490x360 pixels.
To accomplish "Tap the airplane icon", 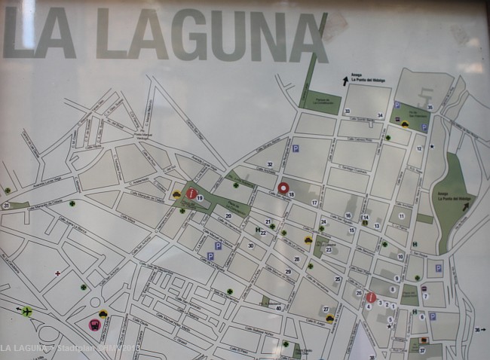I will click(28, 311).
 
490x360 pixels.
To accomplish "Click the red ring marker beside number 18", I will click(283, 188).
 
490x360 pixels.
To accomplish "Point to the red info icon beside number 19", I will click(191, 194).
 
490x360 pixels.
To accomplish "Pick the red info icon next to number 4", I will click(371, 297).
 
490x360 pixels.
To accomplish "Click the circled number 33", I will click(347, 111).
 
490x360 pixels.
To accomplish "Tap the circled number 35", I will click(430, 107).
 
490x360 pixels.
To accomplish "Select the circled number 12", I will click(420, 148).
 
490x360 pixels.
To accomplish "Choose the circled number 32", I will click(269, 164).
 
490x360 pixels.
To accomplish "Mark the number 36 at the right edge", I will click(477, 329).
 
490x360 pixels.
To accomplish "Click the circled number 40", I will click(278, 307).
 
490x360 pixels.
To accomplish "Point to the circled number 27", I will click(326, 310).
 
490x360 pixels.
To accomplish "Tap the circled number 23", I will click(328, 249).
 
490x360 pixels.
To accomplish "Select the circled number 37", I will click(422, 350).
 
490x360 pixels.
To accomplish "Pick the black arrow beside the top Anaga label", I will click(345, 81).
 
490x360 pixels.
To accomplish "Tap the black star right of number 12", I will click(432, 145).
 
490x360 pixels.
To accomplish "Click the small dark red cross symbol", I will click(57, 273).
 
